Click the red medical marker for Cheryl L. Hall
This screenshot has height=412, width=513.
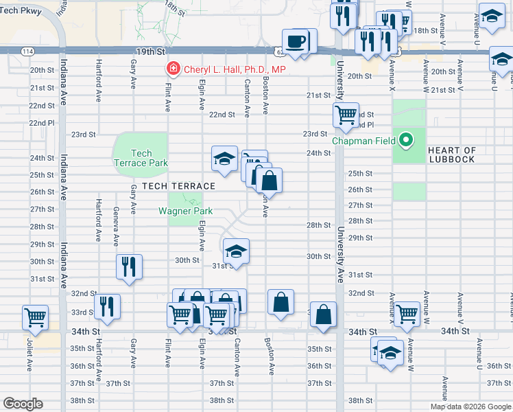click(x=174, y=69)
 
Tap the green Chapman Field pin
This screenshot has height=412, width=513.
click(x=406, y=141)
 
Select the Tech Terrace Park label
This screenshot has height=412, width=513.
click(x=141, y=158)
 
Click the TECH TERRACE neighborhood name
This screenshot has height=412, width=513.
click(x=179, y=186)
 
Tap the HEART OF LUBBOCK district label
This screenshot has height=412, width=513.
click(x=451, y=155)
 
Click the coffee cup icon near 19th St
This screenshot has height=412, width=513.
click(x=295, y=41)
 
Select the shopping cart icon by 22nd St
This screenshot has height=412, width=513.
click(x=346, y=114)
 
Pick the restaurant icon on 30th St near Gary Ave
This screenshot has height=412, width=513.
click(x=128, y=266)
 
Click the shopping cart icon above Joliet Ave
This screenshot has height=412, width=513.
click(x=35, y=317)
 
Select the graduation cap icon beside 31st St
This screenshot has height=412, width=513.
click(x=235, y=251)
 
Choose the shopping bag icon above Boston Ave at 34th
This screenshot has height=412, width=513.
click(x=281, y=302)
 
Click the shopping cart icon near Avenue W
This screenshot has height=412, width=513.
click(x=407, y=314)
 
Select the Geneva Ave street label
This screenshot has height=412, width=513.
click(x=116, y=227)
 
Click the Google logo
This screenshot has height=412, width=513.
click(x=23, y=404)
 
